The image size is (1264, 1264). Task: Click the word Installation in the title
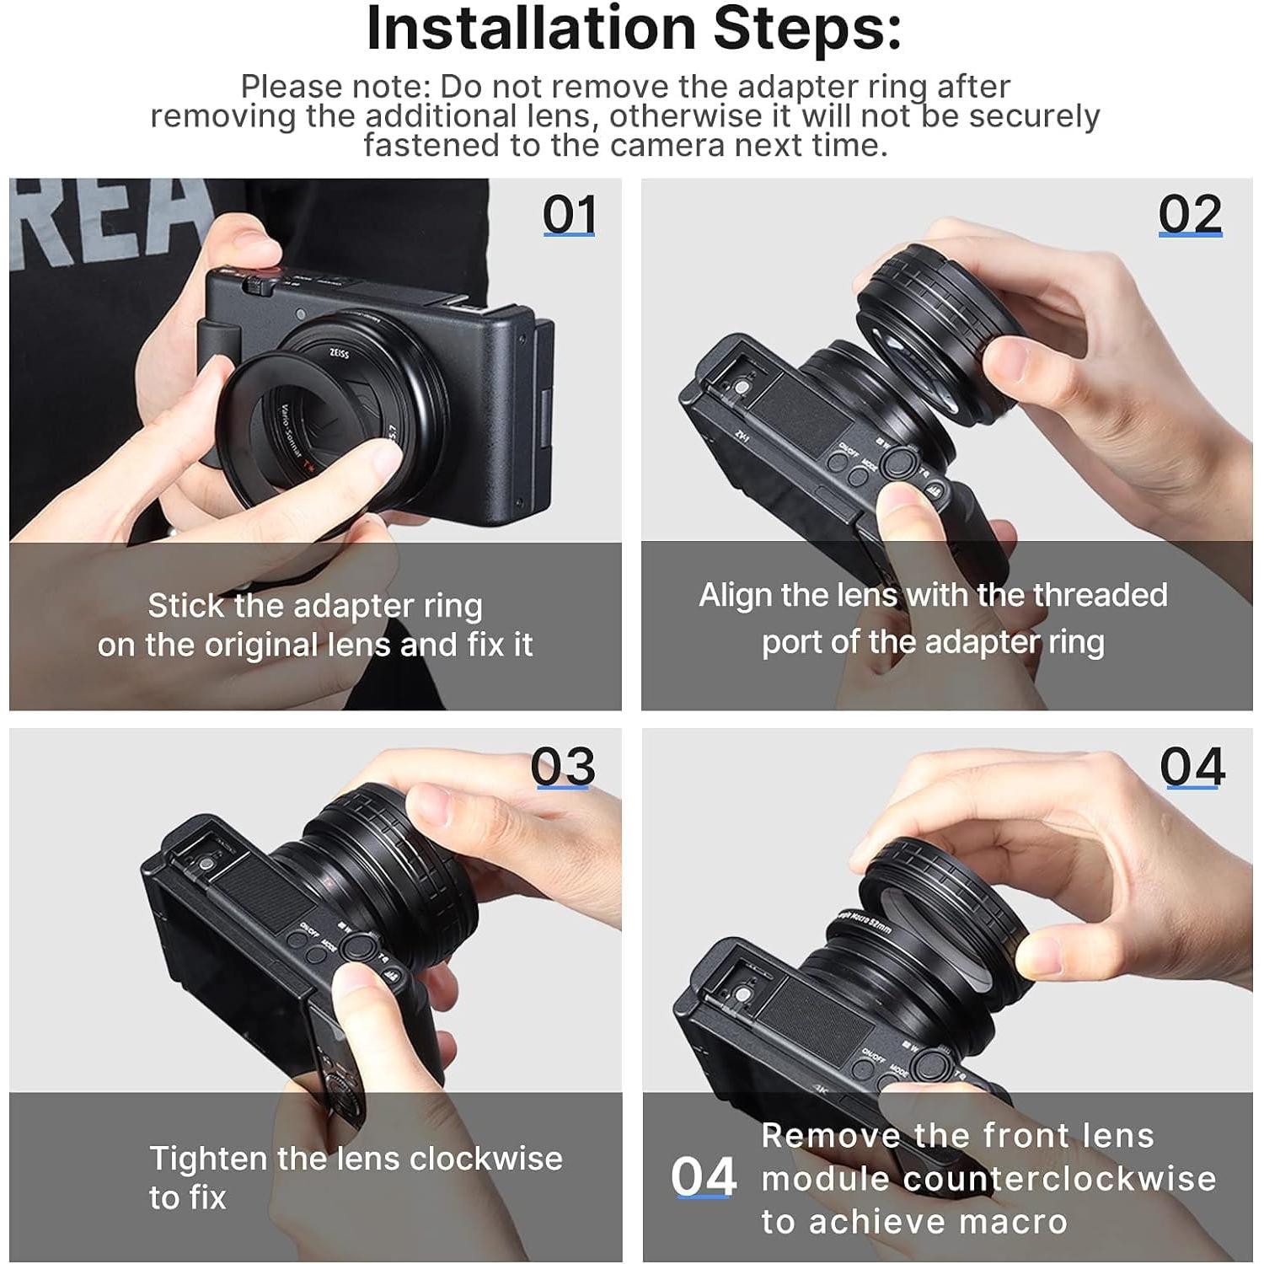[532, 29]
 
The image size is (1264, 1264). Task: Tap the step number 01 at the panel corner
[570, 215]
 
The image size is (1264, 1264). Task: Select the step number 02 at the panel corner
[1190, 215]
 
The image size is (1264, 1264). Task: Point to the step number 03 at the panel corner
[563, 767]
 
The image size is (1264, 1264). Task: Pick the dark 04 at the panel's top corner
[1192, 767]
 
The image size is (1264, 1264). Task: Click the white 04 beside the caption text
[704, 1177]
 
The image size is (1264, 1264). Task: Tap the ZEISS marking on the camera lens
[339, 354]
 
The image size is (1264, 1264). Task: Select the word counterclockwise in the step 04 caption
[1060, 1179]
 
